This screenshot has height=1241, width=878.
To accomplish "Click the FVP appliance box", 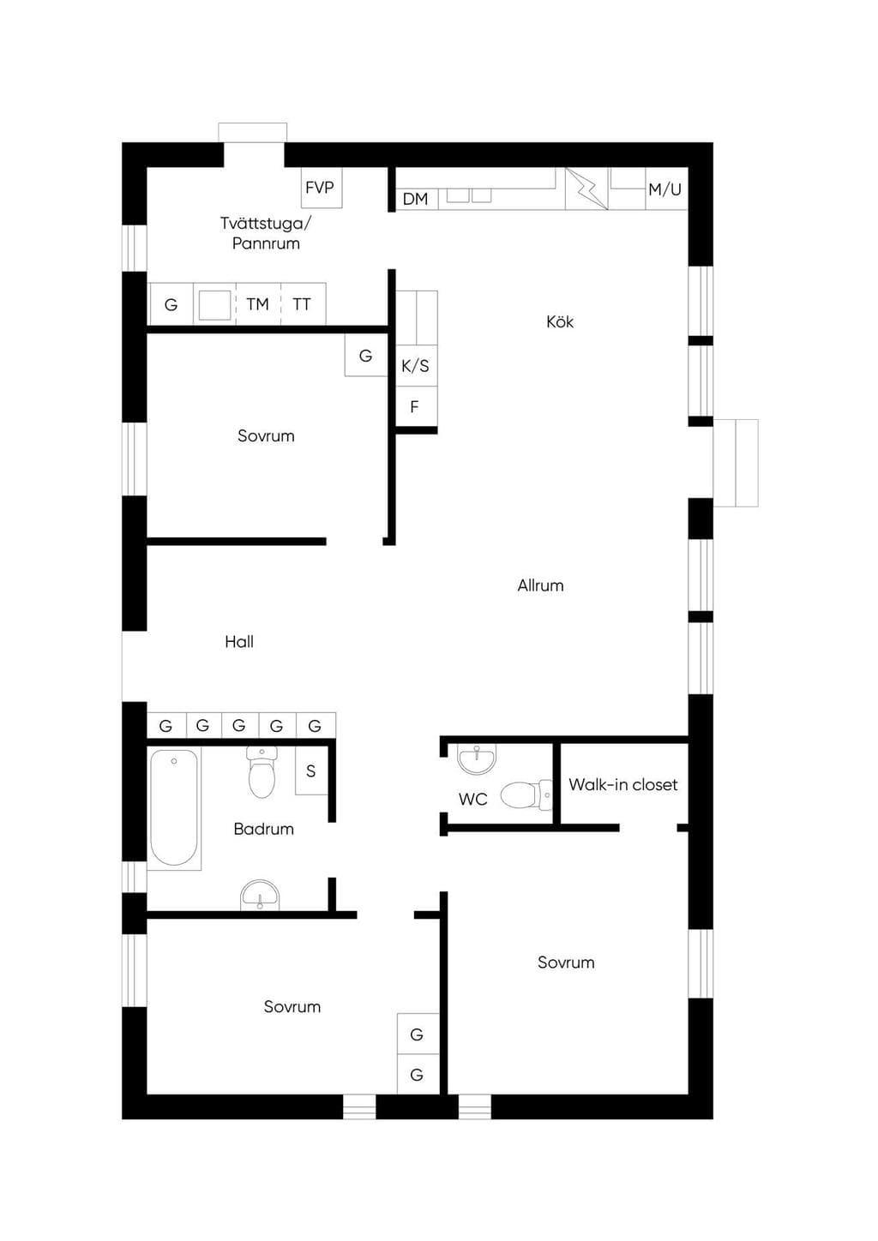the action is [x=322, y=188].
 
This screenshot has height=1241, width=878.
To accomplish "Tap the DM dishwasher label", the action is [x=415, y=199].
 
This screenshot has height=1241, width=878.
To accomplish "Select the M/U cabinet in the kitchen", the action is [x=666, y=189].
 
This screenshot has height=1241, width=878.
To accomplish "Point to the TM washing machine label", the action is [x=258, y=304].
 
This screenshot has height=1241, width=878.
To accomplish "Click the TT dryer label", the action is [x=302, y=304].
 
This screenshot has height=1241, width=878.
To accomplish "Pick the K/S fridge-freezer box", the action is [x=417, y=366].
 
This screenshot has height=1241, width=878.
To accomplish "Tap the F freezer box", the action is [x=417, y=406].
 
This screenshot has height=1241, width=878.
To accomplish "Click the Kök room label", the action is [x=560, y=322].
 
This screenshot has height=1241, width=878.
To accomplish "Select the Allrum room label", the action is [x=540, y=585].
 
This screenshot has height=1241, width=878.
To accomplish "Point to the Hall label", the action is [x=239, y=642].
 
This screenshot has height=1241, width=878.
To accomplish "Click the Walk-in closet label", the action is [x=623, y=784].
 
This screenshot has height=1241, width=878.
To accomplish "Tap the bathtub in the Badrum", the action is [x=174, y=807].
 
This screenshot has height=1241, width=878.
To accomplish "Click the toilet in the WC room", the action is [x=526, y=795].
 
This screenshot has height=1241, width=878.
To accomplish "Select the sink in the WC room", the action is [x=477, y=758].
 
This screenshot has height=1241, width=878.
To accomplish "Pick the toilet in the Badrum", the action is [x=262, y=771].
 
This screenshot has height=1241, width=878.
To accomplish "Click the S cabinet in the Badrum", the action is [x=311, y=770].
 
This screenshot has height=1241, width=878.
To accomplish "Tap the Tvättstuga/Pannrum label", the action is [x=266, y=233].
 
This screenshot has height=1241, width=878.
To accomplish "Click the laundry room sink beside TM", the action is [x=215, y=304].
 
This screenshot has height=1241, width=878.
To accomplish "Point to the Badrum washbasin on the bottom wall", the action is [x=260, y=896].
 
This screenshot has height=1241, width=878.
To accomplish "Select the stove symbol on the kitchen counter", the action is [x=586, y=189].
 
